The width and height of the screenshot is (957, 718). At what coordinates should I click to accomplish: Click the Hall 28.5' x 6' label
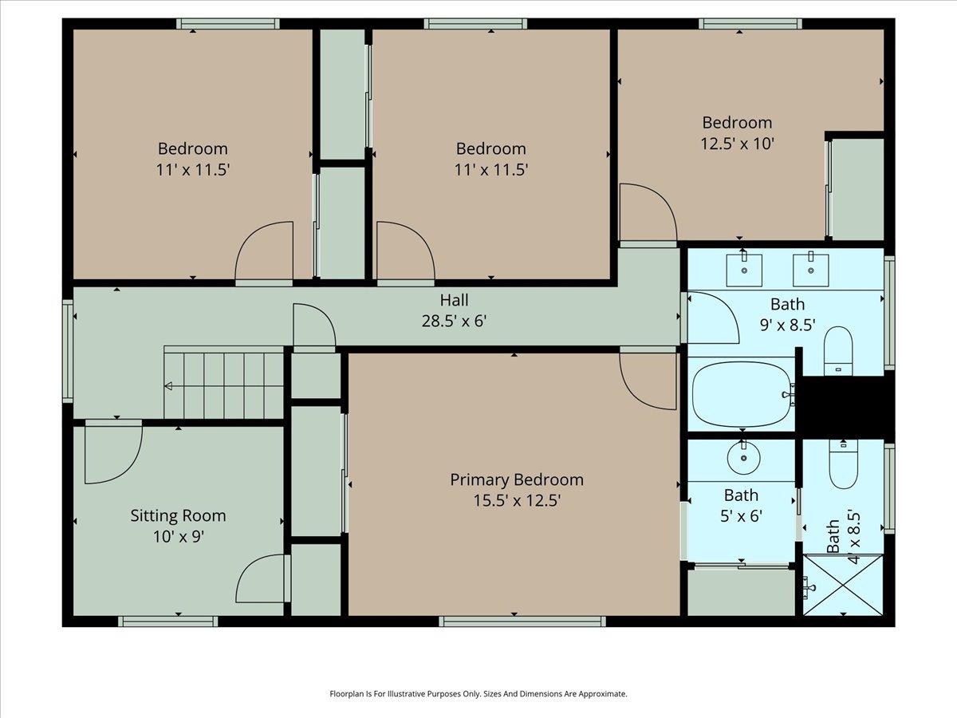pos(454,311)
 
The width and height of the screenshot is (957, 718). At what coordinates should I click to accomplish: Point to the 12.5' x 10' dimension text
pos(737,144)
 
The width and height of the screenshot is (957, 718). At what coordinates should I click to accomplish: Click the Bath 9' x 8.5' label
pos(787,314)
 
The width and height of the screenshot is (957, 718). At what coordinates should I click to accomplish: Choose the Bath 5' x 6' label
pos(741,506)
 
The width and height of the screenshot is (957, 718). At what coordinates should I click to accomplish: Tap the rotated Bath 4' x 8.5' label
pos(841,537)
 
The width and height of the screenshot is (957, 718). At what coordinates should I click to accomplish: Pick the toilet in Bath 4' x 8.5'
pos(842,466)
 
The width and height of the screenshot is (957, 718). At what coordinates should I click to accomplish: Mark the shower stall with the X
pos(843,585)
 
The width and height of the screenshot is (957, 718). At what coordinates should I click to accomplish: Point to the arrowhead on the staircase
pos(168,387)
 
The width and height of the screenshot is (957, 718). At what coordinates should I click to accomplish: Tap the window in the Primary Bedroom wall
pos(522,621)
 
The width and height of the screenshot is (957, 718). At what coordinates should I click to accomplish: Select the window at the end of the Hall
pos(68,351)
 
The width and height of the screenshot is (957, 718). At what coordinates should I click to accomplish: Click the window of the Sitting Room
pos(167,621)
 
